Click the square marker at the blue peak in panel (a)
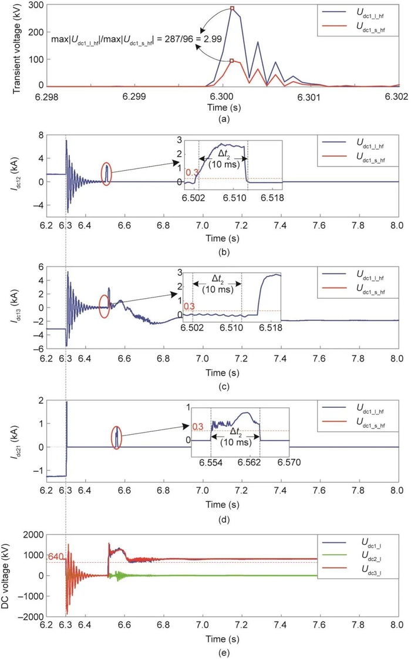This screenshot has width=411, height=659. pos(232,9)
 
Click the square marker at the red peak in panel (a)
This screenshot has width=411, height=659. pos(232,60)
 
